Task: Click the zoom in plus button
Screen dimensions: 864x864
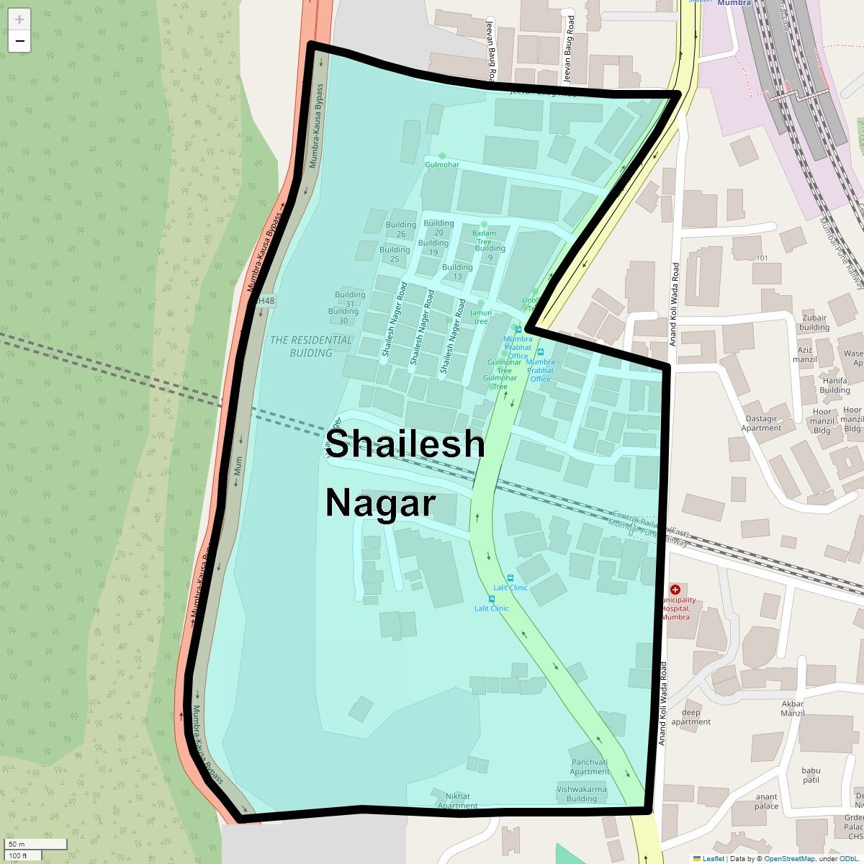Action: click(x=19, y=19)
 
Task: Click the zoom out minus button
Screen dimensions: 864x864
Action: click(x=19, y=41)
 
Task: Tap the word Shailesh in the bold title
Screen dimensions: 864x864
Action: click(x=405, y=444)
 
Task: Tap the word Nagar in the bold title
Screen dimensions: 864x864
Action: click(x=380, y=503)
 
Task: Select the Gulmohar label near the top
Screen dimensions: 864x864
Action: click(x=441, y=165)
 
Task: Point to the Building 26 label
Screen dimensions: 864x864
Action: click(x=401, y=229)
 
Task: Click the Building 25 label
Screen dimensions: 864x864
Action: click(x=395, y=254)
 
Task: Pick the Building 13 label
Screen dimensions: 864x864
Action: click(x=457, y=271)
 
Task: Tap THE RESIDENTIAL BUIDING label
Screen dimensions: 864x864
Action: click(x=311, y=346)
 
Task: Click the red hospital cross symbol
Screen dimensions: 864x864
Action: click(x=675, y=590)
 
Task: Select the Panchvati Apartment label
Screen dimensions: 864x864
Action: click(x=590, y=767)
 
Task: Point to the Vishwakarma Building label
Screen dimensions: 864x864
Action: click(x=582, y=793)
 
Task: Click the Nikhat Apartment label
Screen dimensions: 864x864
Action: click(x=458, y=801)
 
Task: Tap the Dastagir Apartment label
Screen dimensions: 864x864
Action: click(x=761, y=423)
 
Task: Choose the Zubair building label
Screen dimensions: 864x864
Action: click(x=814, y=323)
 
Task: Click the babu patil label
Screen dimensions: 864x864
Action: click(x=811, y=775)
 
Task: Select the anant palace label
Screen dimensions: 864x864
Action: click(x=766, y=801)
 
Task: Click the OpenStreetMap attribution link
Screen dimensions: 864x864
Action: click(x=789, y=858)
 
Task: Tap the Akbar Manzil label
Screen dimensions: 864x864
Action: click(x=792, y=708)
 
